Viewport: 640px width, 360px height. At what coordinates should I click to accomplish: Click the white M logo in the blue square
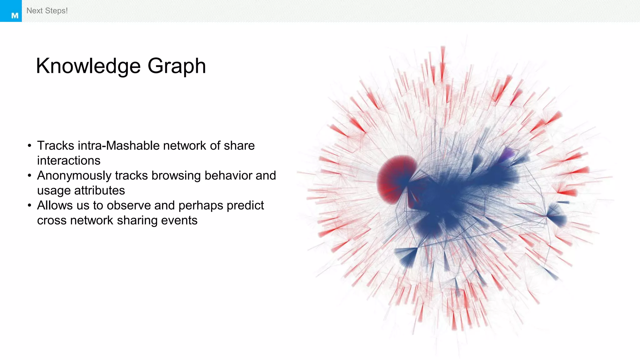[x=15, y=16]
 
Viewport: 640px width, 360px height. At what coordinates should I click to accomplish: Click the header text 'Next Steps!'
[x=47, y=11]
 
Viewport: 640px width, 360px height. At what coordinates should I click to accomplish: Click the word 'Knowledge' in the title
[x=88, y=66]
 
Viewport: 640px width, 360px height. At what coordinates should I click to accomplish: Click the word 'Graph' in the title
[x=177, y=66]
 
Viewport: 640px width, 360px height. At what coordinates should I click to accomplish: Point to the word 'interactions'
[x=69, y=161]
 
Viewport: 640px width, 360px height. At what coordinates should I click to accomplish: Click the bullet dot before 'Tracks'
[x=29, y=146]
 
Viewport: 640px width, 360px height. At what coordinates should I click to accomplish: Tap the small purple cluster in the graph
[x=508, y=154]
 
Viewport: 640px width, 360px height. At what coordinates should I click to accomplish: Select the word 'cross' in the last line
[x=52, y=221]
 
